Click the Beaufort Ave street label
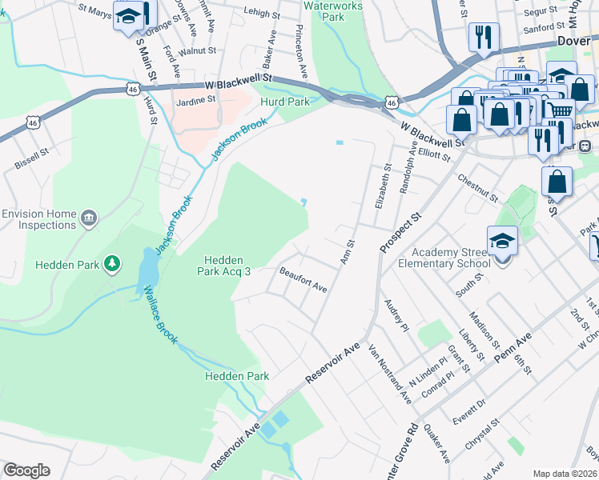click(x=304, y=279)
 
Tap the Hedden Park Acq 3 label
click(x=227, y=266)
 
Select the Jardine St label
click(x=196, y=100)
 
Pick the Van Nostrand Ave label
click(x=389, y=374)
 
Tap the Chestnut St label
click(x=479, y=188)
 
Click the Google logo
click(x=26, y=470)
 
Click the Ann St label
click(x=347, y=253)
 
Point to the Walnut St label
click(x=198, y=50)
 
